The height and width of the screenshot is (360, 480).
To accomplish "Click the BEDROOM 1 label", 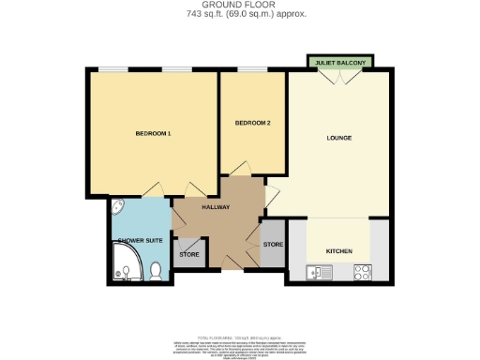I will pyautogui.click(x=153, y=134).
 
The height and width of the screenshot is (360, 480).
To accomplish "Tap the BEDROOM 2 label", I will pyautogui.click(x=252, y=123).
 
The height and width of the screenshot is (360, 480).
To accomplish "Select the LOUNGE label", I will pyautogui.click(x=338, y=139).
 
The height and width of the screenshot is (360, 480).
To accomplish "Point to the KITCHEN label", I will pyautogui.click(x=338, y=251).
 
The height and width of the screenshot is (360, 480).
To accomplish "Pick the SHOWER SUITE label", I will pyautogui.click(x=139, y=241).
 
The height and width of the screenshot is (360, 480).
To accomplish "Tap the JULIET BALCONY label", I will pyautogui.click(x=340, y=63).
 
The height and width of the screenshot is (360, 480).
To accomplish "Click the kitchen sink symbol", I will pyautogui.click(x=319, y=273).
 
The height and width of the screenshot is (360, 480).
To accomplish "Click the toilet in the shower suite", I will pyautogui.click(x=157, y=271).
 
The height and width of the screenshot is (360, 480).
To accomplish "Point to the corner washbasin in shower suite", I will pyautogui.click(x=117, y=207).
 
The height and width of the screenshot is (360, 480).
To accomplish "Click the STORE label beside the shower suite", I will pyautogui.click(x=189, y=254).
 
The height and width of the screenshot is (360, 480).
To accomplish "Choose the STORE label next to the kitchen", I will pyautogui.click(x=273, y=245).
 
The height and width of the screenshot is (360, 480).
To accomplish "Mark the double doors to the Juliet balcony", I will pyautogui.click(x=339, y=78).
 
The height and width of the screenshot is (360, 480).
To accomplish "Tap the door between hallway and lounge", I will pyautogui.click(x=272, y=197).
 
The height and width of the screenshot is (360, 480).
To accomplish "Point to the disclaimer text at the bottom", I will pyautogui.click(x=240, y=345).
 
